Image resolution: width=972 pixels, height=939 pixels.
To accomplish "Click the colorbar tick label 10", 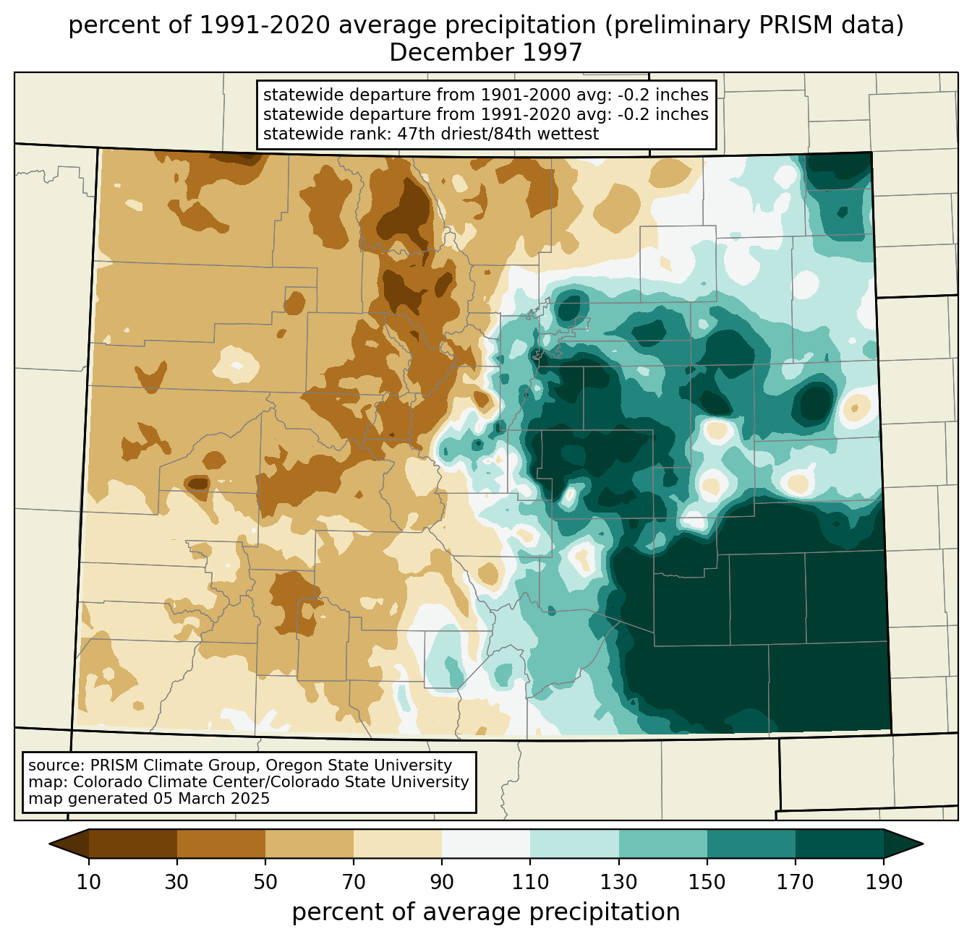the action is click(x=88, y=882).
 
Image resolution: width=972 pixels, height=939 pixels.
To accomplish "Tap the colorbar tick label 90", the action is click(x=442, y=882).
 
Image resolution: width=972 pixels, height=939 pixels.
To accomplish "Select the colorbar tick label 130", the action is click(x=618, y=882).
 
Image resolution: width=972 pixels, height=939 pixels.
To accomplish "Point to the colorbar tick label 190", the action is click(x=884, y=882).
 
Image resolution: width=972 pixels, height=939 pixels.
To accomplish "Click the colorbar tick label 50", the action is click(x=265, y=882).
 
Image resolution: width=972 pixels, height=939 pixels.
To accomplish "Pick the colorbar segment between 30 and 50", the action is click(x=221, y=844).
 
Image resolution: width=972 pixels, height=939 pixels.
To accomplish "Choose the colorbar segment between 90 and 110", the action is click(x=486, y=844).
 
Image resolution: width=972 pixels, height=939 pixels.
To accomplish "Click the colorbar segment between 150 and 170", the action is click(x=751, y=844).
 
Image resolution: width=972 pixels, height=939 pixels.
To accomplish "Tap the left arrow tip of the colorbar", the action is click(x=49, y=844).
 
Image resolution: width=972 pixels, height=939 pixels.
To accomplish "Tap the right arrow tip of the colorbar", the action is click(x=923, y=844).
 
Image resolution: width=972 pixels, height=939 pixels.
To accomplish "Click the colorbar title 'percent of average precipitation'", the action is click(x=485, y=912).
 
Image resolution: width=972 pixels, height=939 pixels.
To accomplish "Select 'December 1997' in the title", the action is click(x=485, y=52).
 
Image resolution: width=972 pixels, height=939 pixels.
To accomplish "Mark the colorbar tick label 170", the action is click(x=796, y=882).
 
